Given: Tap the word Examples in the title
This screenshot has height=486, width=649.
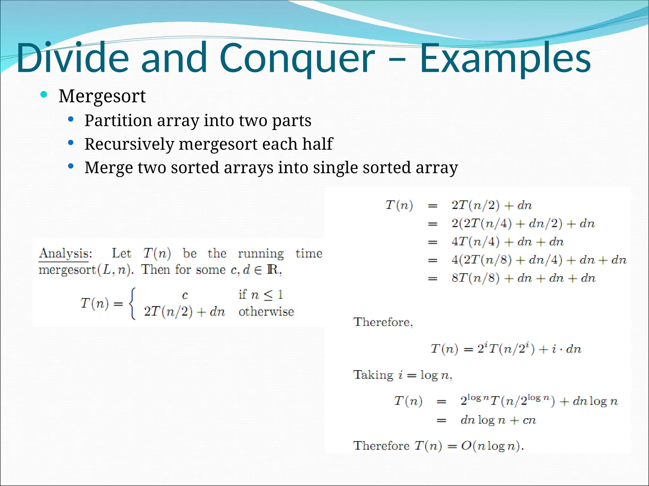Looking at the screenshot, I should pos(505,59).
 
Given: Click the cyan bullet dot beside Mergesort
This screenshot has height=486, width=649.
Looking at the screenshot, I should pos(44,94).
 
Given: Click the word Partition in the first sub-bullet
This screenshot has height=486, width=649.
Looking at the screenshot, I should pos(118,121).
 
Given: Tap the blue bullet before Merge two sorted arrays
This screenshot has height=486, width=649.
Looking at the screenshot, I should pos(71,166).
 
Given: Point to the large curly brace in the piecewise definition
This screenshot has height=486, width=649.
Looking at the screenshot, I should pos(132,303).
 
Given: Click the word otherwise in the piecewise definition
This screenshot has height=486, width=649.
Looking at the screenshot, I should pos(266,312).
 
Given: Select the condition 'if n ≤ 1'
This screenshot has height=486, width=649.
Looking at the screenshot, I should pos(260,295).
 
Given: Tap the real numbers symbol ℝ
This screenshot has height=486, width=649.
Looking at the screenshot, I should pos(273,270).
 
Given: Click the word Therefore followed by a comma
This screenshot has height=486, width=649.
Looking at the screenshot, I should pos(383,322).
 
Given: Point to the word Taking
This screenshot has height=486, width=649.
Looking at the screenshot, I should pos(373,375).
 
